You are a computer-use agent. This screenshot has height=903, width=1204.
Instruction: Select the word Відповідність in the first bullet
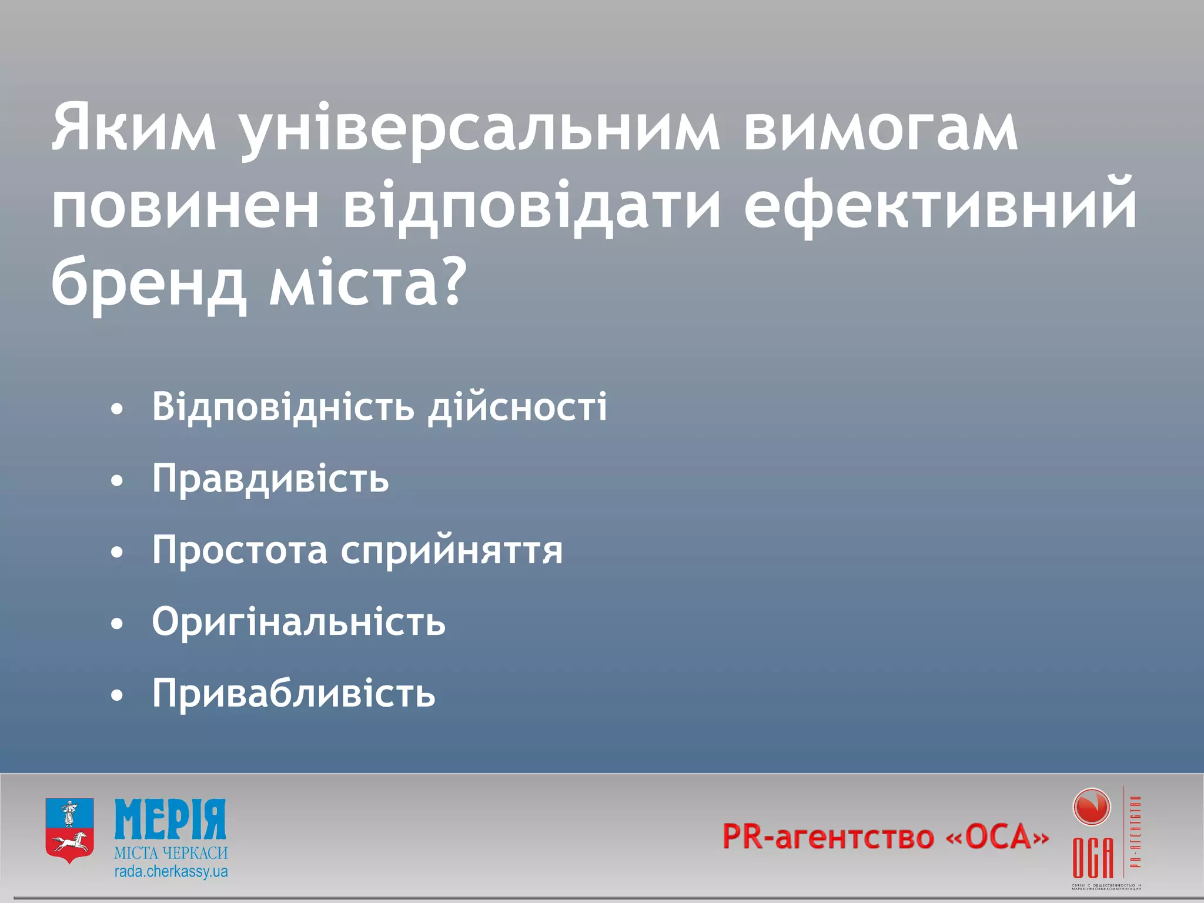click(283, 407)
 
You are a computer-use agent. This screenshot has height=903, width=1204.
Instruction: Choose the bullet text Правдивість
click(270, 479)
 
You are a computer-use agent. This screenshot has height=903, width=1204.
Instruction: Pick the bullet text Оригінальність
click(299, 622)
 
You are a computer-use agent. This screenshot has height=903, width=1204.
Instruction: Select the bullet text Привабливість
click(294, 694)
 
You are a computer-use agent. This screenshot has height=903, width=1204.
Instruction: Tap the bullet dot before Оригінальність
click(118, 625)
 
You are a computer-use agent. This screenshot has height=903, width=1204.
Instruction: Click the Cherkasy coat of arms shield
click(69, 830)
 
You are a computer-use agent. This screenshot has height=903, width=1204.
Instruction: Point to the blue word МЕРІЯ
click(170, 820)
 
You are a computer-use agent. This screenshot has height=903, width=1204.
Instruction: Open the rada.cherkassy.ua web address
click(171, 871)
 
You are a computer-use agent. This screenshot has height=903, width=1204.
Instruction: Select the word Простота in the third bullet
click(240, 550)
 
